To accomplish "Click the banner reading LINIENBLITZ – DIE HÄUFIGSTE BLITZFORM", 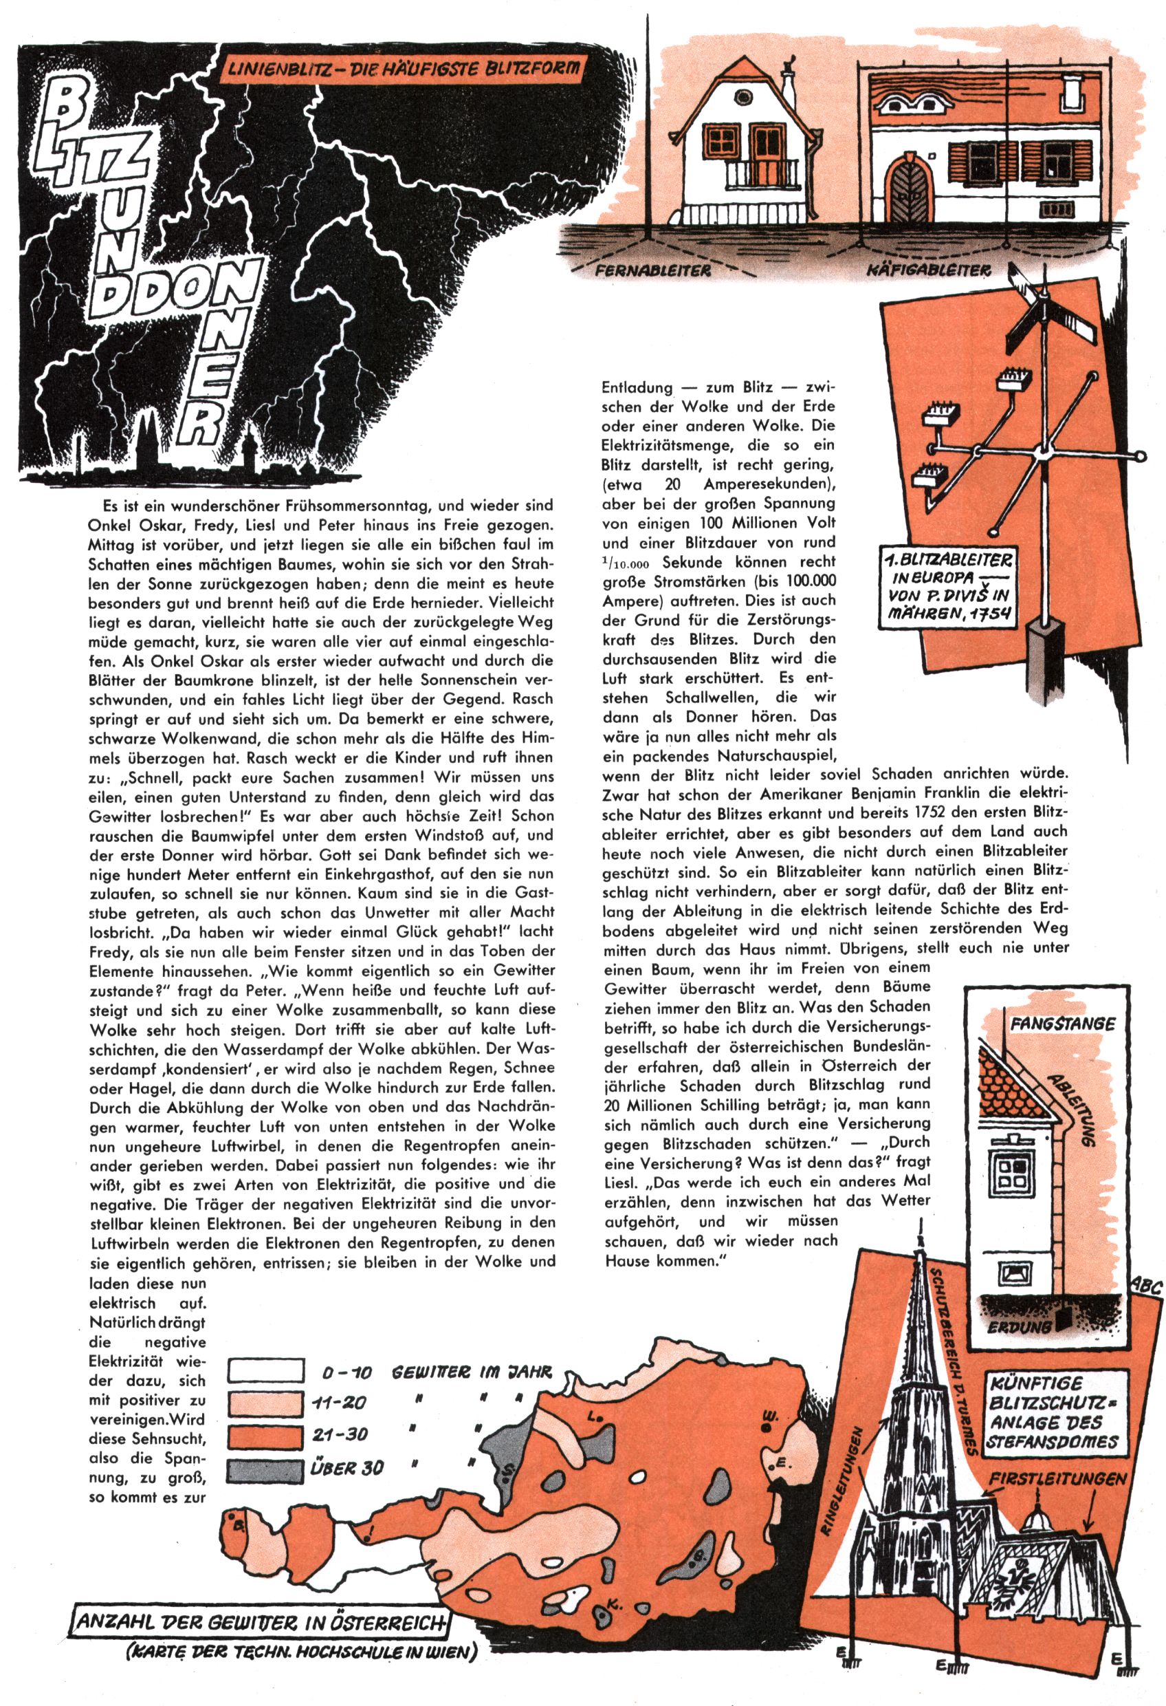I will (x=403, y=69).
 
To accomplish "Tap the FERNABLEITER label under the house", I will (x=652, y=270).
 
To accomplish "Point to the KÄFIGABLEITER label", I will (x=927, y=271).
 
